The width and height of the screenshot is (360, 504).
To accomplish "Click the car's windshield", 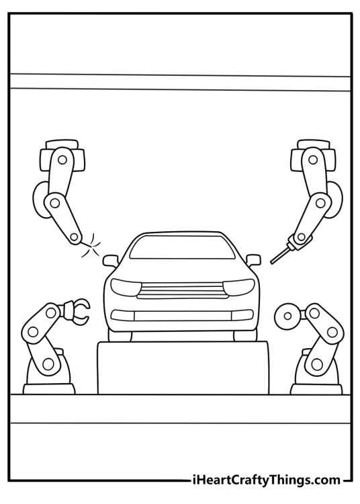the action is (182, 247).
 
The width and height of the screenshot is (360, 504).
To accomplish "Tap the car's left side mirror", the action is (111, 260).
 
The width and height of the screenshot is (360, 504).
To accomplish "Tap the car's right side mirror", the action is (253, 260).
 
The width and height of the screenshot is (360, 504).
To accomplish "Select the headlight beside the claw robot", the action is (126, 287).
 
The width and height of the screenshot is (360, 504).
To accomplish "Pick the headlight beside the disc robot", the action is (238, 287).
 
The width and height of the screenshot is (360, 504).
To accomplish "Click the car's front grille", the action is (182, 290).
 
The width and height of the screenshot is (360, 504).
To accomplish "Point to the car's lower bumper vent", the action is (182, 315).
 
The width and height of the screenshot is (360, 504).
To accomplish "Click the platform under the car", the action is (183, 368).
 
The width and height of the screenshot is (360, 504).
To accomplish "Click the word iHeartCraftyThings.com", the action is (265, 480).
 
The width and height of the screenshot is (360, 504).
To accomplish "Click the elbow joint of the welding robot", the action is (54, 203).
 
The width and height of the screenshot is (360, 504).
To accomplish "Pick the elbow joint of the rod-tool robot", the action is (320, 203).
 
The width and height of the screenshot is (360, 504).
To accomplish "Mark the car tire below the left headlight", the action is (120, 336).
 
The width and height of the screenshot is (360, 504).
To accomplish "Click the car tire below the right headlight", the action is (245, 335).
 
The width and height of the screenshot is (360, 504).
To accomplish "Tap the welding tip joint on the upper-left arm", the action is (75, 237).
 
